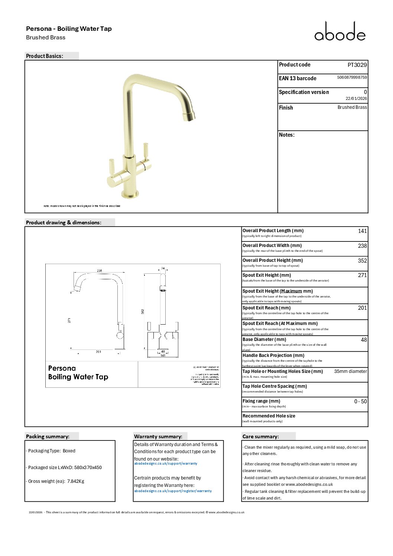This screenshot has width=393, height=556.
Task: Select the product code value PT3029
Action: tap(357, 65)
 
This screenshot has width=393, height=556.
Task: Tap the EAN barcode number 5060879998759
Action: tap(352, 77)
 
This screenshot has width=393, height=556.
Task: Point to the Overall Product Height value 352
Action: tap(362, 261)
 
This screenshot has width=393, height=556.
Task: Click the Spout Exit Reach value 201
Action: tap(362, 308)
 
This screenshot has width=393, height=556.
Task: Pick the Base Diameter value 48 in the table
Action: tap(364, 340)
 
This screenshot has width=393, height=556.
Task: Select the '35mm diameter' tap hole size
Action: tap(350, 371)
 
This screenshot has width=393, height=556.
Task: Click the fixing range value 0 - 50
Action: tap(360, 401)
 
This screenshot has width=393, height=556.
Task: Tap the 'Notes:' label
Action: tap(287, 135)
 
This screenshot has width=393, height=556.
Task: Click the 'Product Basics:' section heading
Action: tap(45, 56)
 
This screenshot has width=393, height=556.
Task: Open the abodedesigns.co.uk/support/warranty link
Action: tap(166, 464)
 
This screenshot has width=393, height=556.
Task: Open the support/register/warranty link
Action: tap(173, 491)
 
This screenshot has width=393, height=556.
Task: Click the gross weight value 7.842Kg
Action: tap(76, 481)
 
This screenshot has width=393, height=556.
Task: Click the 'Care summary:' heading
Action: tap(260, 436)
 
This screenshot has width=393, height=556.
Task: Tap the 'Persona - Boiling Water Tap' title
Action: tap(69, 29)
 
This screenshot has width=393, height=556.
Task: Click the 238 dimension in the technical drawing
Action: tap(100, 271)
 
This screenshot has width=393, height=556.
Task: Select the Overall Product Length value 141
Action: tap(362, 231)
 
